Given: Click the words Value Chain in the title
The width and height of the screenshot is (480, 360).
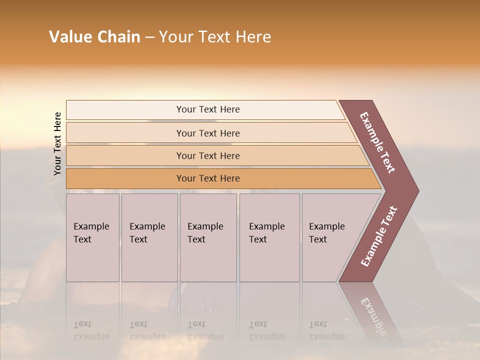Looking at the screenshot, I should [94, 37].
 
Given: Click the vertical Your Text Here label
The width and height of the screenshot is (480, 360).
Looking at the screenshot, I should [57, 143].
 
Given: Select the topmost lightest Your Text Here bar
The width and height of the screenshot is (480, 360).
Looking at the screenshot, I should [208, 109].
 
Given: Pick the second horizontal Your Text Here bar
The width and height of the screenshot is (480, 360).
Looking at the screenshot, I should [208, 133].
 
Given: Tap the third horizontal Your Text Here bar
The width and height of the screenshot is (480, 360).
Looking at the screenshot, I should [208, 155].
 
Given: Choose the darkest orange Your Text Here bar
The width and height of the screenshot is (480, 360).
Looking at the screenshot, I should [208, 178].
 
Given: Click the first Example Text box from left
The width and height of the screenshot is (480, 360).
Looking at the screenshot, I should [92, 237].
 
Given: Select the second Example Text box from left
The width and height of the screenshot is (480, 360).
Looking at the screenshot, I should [149, 237].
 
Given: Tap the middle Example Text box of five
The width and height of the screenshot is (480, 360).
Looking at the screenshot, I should [208, 237].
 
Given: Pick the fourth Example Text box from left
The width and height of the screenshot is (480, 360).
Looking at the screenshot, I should [269, 237].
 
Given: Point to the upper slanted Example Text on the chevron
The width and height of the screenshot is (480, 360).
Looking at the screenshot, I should [377, 142].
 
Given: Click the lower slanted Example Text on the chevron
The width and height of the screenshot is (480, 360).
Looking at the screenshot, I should [379, 236].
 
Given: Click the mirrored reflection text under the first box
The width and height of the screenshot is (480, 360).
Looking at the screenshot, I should [91, 330].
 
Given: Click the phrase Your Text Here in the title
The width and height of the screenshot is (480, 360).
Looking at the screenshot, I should [215, 37].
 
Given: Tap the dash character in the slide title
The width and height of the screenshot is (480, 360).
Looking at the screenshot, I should [149, 37].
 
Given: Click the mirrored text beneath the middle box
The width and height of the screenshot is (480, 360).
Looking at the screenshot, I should [205, 330].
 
